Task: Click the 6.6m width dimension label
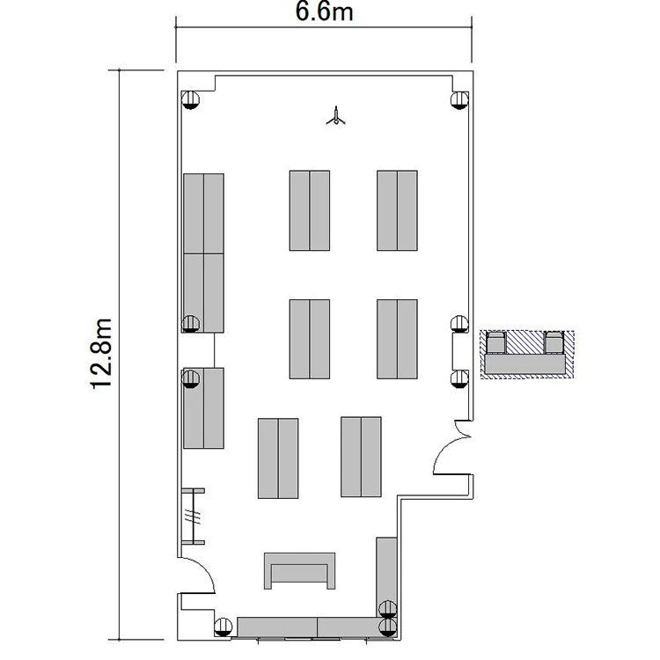324,11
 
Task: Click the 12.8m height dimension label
101,354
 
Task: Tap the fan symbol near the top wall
335,116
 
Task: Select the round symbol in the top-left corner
190,100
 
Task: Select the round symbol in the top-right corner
459,100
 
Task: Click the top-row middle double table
310,210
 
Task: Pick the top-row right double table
397,210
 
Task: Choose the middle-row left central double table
310,340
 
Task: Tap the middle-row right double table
397,340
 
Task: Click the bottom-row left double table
278,458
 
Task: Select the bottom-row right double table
361,457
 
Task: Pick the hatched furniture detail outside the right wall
527,355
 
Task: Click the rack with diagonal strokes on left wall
194,517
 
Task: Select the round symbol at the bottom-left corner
224,627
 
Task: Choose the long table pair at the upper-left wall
203,253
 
